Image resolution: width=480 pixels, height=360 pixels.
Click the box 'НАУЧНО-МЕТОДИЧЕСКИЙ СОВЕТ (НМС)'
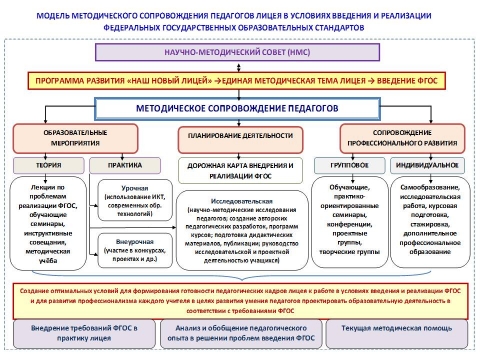(x=239, y=57)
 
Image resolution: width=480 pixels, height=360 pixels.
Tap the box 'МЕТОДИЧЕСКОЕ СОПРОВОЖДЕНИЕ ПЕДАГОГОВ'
(x=240, y=106)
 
